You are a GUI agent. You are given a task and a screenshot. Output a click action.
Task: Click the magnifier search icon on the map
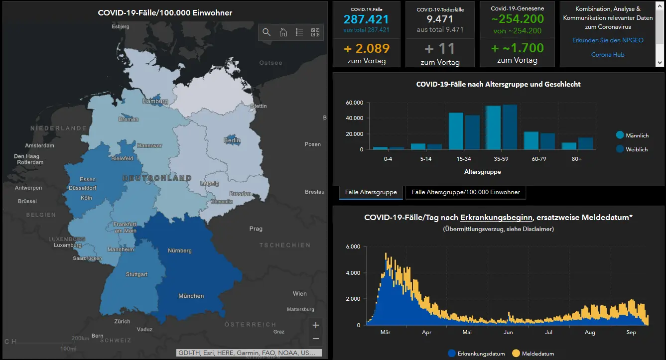266,32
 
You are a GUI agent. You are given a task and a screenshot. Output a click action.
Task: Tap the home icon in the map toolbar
283,32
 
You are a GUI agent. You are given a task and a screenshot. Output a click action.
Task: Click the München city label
191,296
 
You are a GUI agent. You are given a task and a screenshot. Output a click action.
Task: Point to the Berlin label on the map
232,140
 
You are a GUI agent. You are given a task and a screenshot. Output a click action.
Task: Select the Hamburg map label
155,101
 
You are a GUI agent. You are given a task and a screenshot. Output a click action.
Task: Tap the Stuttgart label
136,274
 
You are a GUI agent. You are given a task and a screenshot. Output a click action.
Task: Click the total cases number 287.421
366,19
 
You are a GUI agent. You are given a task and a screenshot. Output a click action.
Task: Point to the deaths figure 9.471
440,19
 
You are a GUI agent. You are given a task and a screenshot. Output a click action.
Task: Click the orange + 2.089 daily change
367,48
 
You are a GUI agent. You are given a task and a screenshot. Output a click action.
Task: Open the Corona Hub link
608,55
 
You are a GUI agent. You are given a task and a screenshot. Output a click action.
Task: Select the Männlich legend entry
633,135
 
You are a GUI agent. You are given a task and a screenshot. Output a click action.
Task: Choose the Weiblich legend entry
632,149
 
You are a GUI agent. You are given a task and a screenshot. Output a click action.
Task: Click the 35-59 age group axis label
501,159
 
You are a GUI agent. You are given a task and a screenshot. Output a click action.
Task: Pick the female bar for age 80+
585,143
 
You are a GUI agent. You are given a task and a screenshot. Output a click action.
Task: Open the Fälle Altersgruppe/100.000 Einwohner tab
466,192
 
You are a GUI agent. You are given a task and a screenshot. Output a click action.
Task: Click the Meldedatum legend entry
533,354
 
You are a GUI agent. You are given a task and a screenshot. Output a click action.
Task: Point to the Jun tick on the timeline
508,332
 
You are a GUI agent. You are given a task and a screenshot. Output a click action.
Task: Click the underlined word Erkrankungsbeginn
496,218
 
